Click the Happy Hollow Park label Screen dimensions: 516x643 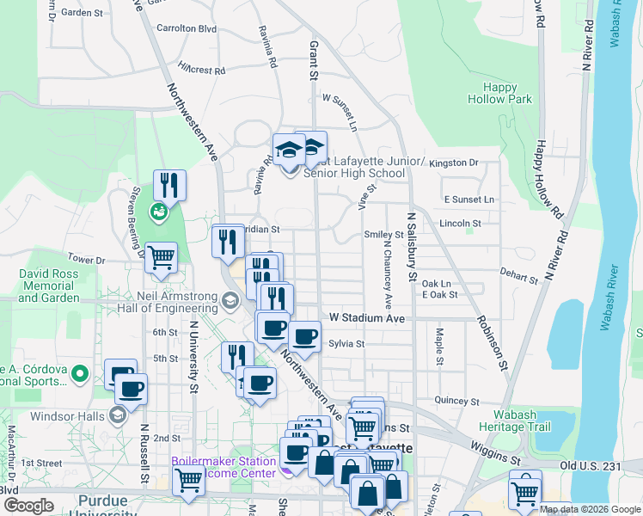point(499,93)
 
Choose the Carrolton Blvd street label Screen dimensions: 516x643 point(187,28)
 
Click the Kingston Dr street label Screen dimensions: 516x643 point(454,163)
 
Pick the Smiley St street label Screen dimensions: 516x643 point(383,234)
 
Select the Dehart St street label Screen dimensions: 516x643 point(519,277)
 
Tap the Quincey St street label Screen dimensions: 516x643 point(456,400)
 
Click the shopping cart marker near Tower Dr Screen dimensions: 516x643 point(161,257)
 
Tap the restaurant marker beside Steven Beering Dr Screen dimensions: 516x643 point(169,185)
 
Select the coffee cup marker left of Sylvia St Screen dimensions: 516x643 point(305,336)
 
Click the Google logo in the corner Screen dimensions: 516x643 point(28,506)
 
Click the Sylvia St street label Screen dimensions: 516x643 point(346,343)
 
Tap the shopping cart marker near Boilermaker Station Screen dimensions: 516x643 point(188,482)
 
